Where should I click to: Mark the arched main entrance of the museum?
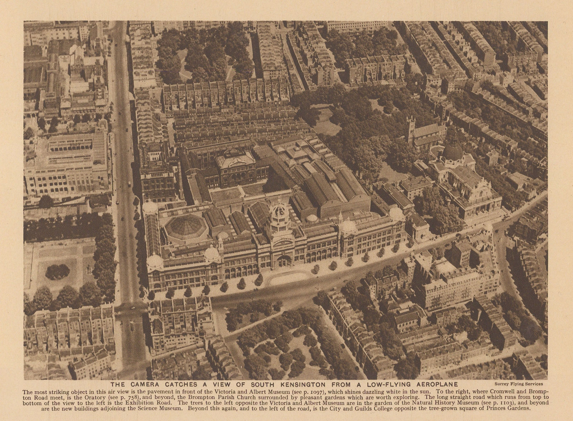point(284,261)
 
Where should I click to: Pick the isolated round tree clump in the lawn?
point(58,272)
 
